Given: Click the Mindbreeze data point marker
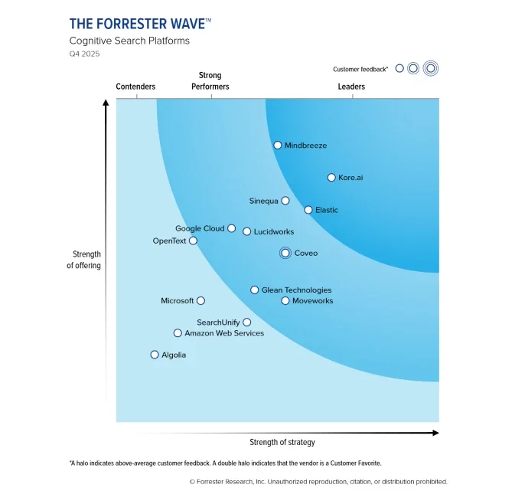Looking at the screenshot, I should coord(278,145).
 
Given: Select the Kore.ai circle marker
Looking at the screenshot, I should coord(331,177).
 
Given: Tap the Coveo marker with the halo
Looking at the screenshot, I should coord(285,253).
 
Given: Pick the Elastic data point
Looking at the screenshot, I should coord(308,209).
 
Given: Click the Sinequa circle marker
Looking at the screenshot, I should coord(285,201).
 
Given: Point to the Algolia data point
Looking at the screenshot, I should coord(155,355).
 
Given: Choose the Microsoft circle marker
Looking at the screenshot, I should coord(200,301).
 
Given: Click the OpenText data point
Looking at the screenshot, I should coord(193,241).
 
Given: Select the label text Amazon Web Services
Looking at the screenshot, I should coord(224,333).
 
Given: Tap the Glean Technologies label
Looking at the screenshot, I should coord(296,290).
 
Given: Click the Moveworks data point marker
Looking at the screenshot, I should coord(285,301).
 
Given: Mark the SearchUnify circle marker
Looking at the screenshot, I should coord(246,323).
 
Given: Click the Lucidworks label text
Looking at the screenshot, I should coord(273,231).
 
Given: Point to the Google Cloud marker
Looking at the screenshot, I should coord(232,228).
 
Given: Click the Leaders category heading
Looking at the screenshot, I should coord(351,87).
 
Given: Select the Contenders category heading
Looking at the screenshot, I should coord(135,87).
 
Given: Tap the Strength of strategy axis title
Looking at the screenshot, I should coord(282,442).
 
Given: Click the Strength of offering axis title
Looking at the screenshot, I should coord(86,260).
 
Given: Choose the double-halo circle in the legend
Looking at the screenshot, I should coord(430,68).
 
